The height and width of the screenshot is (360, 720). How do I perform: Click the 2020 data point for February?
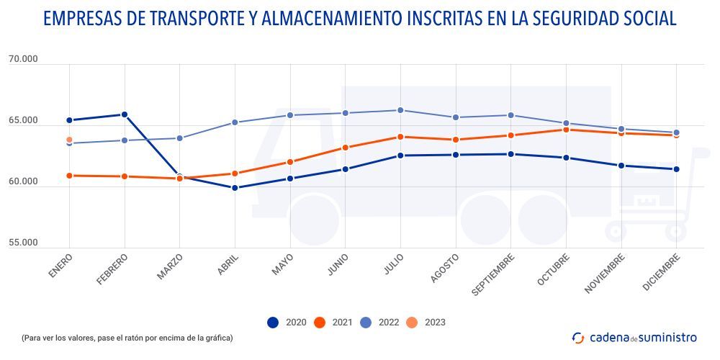125,114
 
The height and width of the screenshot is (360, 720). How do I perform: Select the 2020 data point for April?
235,188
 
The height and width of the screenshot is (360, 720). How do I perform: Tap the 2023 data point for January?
69,140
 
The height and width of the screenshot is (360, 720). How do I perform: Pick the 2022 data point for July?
400,110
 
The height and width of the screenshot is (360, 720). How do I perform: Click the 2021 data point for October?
566,130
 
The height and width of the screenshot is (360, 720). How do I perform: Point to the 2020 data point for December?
676,169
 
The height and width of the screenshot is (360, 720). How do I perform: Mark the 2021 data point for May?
290,162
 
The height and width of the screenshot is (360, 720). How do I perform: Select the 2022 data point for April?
235,122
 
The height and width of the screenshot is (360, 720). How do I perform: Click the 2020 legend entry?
285,323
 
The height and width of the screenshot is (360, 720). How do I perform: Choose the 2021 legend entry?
333,323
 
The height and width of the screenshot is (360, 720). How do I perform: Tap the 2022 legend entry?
380,323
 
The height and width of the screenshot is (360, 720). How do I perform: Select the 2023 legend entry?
427,323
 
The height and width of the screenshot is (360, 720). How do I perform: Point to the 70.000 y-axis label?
23,59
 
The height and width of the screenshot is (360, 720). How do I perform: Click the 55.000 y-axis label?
23,243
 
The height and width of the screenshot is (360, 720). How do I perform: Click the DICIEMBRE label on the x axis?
660,272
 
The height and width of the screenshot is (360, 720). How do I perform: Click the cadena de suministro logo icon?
578,337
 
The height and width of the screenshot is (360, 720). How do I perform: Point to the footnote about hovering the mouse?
127,338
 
